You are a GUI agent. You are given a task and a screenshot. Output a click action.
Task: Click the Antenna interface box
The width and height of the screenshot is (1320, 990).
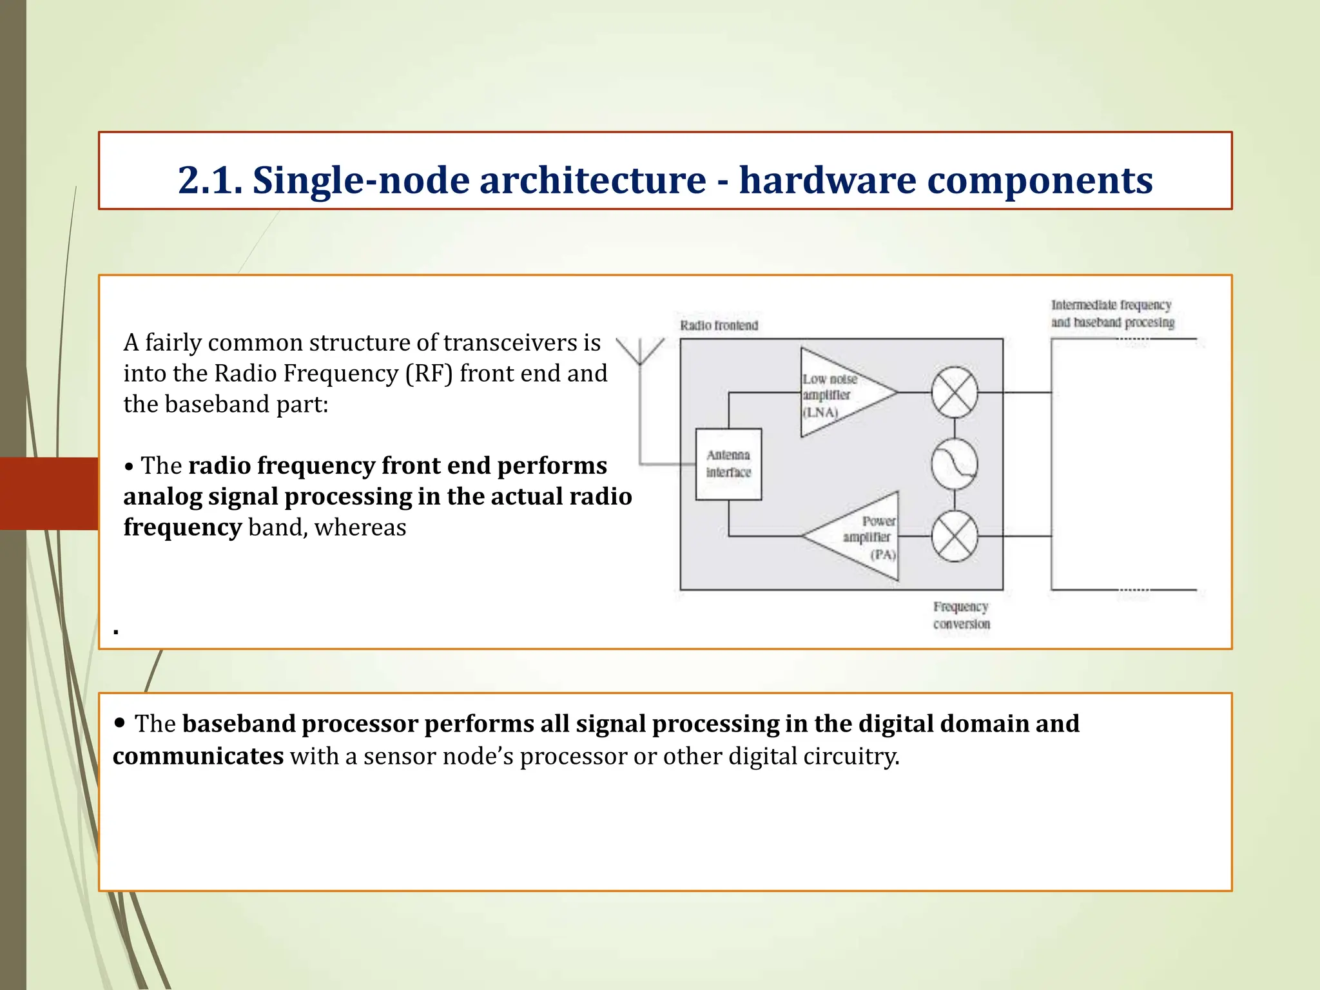tap(728, 464)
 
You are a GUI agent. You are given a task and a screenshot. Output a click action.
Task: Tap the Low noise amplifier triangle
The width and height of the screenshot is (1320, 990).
tap(838, 393)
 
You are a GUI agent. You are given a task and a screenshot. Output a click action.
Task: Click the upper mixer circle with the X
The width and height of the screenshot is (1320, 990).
tap(955, 392)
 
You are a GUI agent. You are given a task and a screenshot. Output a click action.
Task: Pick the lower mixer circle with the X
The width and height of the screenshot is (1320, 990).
tap(955, 536)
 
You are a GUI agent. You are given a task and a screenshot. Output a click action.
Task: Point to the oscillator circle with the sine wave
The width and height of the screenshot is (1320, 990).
tap(955, 464)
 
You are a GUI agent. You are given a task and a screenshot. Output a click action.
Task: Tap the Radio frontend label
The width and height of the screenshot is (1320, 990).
tap(719, 325)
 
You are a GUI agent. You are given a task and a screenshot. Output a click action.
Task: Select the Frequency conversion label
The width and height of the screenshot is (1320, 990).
tap(961, 615)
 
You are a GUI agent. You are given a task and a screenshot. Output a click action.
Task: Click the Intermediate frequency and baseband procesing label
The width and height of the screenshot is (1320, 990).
tap(1112, 313)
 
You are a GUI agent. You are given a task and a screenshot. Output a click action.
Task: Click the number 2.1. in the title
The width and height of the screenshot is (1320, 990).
tap(210, 180)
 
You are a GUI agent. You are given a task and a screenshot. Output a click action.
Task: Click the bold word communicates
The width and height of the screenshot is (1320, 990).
tap(198, 756)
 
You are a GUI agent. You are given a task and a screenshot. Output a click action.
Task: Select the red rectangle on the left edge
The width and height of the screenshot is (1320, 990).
tap(49, 494)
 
